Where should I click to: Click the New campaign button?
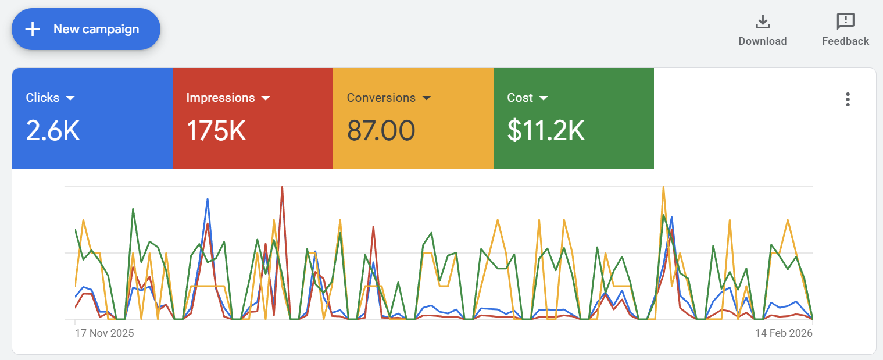[86, 29]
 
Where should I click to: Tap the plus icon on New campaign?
[33, 29]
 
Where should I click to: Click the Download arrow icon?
[762, 22]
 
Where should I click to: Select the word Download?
[762, 41]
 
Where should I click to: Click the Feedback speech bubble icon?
[845, 22]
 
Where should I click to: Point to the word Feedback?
[845, 41]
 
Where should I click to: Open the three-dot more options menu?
[848, 99]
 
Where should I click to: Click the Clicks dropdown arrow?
[70, 98]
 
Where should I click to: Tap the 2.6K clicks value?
[53, 131]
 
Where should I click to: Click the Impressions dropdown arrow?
[266, 98]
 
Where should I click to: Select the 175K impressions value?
[216, 131]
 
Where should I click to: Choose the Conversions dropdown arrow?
[426, 98]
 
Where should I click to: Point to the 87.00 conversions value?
[381, 131]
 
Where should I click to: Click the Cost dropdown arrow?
[544, 98]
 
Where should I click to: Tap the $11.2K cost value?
[545, 131]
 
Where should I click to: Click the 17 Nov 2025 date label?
[105, 333]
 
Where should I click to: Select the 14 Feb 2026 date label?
[784, 333]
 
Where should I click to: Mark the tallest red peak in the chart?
[282, 187]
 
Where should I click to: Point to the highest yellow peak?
[663, 187]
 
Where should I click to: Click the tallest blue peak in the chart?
[208, 199]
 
